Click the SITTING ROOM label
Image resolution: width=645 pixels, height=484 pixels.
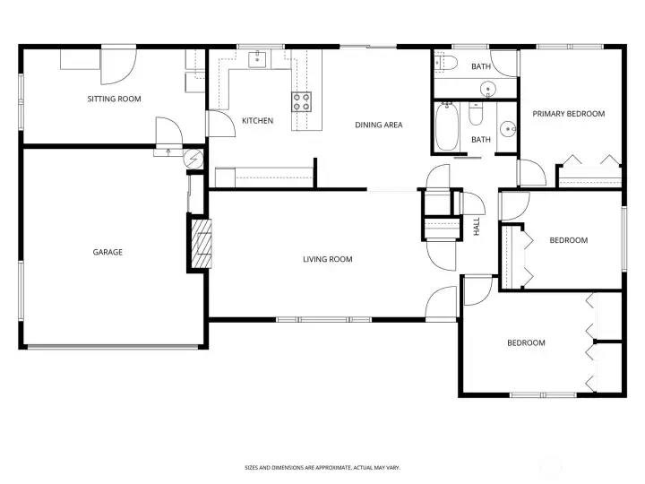click(114, 99)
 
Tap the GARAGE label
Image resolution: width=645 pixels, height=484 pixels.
click(107, 252)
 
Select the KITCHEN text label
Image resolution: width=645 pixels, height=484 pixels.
click(257, 121)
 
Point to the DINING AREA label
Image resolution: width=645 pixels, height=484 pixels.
click(378, 125)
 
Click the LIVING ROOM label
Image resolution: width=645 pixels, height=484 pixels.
click(328, 259)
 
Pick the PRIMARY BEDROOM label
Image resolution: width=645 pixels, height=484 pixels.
click(569, 114)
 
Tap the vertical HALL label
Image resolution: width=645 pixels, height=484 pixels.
click(477, 227)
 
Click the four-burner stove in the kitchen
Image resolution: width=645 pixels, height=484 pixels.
click(302, 101)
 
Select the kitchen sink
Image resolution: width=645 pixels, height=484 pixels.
click(257, 59)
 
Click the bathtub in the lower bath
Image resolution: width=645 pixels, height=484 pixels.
click(447, 126)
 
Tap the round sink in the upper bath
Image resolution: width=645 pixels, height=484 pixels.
click(488, 89)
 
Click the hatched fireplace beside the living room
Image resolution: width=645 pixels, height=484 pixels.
click(202, 244)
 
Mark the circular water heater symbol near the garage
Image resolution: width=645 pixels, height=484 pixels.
click(193, 158)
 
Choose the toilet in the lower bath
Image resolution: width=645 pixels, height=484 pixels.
click(476, 114)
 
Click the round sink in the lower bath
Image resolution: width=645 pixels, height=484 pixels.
click(509, 129)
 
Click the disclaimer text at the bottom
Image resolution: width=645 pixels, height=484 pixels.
click(322, 468)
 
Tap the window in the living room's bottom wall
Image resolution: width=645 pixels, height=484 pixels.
click(323, 319)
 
